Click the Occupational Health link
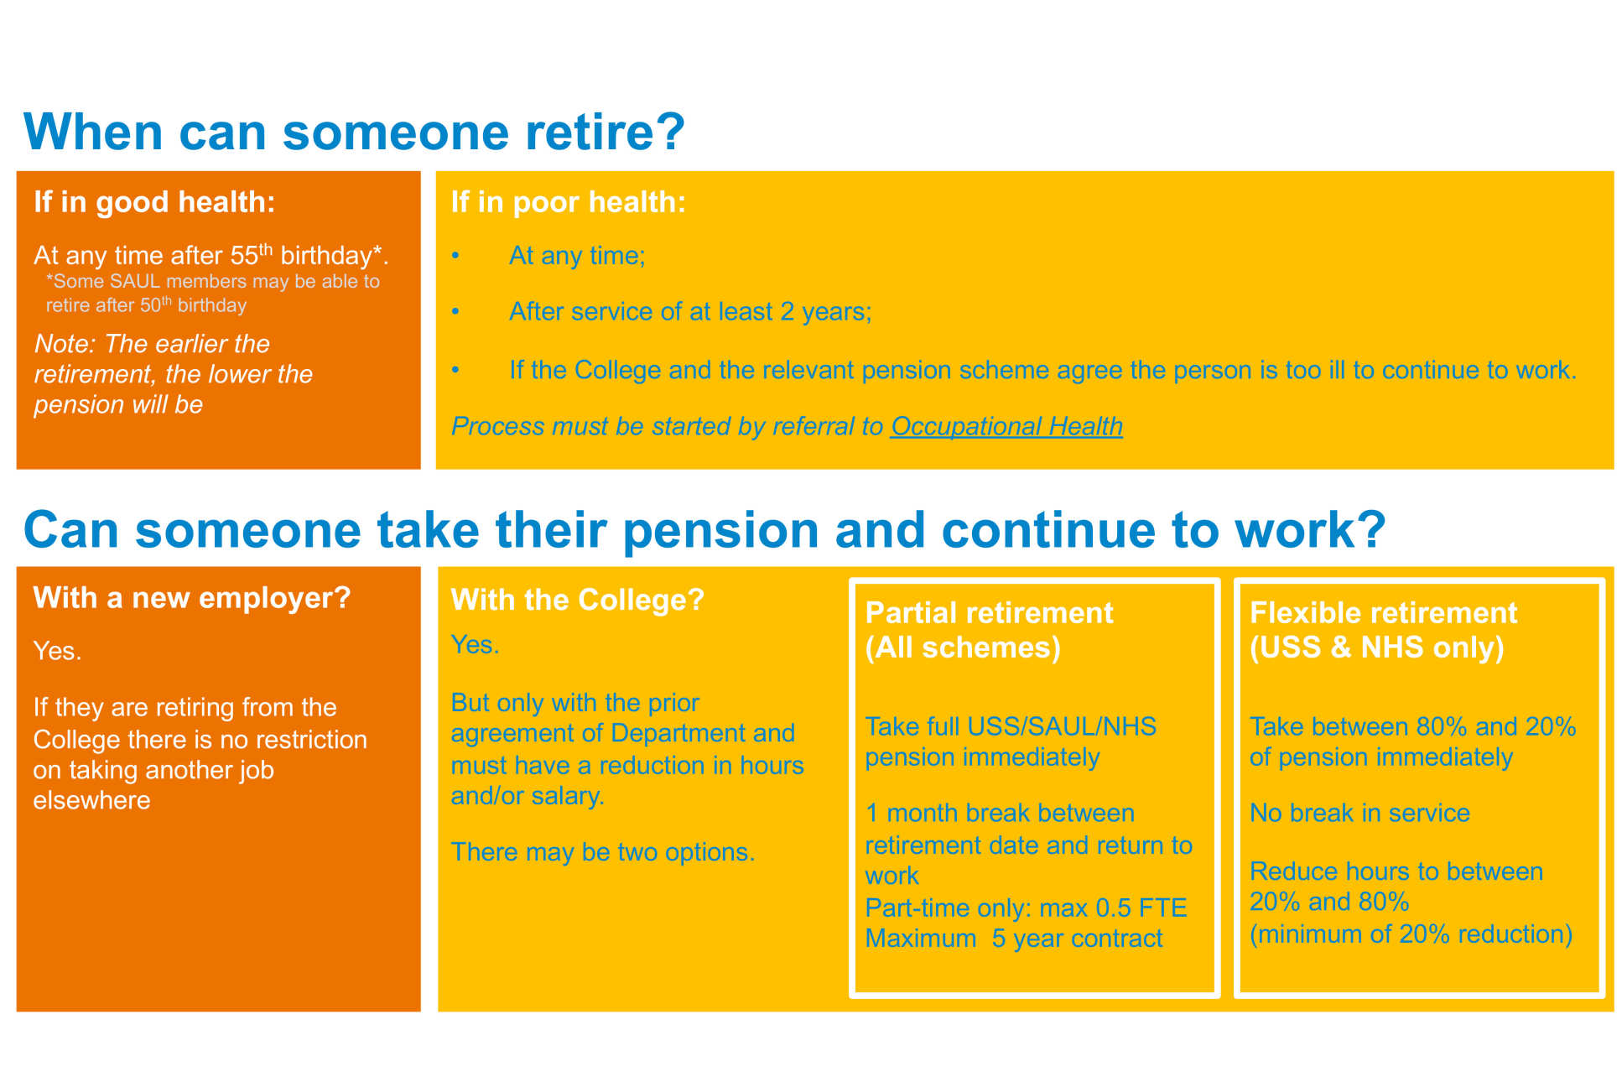tap(1006, 427)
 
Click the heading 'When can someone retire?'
tap(355, 132)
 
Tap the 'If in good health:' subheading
tap(154, 202)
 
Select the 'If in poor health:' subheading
tap(569, 202)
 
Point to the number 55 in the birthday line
tap(244, 256)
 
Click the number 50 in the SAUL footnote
tap(150, 305)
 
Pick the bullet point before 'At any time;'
tap(455, 256)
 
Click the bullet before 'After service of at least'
tap(455, 312)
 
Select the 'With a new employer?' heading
tap(192, 598)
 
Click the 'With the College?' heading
tap(578, 600)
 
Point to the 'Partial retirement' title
tap(989, 613)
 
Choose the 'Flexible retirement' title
tap(1383, 613)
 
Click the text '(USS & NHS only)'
tap(1376, 648)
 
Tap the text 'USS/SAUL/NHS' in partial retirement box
tap(1061, 726)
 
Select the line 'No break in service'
tap(1359, 813)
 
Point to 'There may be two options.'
tap(603, 852)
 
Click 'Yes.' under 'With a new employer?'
tap(57, 652)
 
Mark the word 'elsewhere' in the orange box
tap(91, 801)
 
